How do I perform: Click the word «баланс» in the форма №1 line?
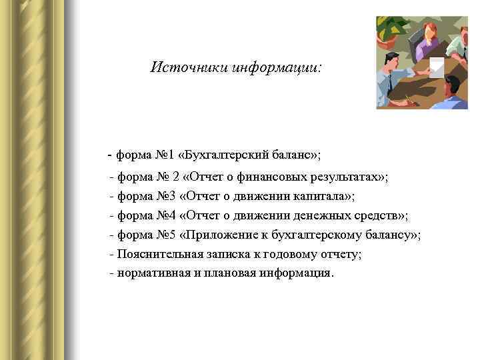coord(290,155)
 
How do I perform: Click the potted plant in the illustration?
coord(393,30)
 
